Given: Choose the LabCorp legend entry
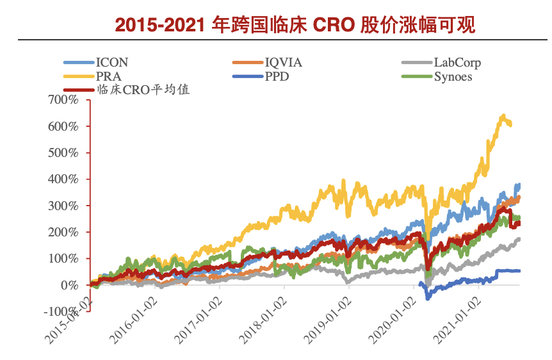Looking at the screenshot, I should [x=457, y=63].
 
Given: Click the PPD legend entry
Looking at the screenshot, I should [x=277, y=77].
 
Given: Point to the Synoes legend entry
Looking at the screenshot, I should [x=453, y=77].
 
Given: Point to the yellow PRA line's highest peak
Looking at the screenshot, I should [x=503, y=116].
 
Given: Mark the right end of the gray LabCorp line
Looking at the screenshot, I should [x=519, y=239].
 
